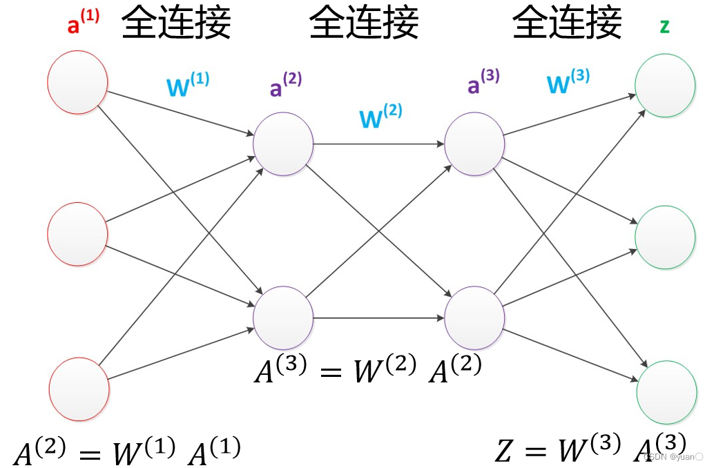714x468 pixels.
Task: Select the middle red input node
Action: [x=77, y=235]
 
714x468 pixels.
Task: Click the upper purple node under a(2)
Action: [x=282, y=144]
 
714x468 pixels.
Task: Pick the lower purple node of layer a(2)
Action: [x=282, y=318]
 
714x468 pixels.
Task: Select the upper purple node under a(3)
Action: [x=474, y=144]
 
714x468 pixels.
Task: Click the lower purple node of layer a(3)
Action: [x=474, y=318]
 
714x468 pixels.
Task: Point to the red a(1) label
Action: [x=82, y=24]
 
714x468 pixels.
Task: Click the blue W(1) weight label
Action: [x=187, y=85]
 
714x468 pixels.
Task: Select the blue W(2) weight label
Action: [x=380, y=116]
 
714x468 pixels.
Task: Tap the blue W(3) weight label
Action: [x=568, y=81]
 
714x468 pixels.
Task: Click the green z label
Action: [x=664, y=26]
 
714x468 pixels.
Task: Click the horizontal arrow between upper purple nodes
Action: [x=378, y=144]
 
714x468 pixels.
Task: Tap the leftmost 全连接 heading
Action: [x=176, y=22]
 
